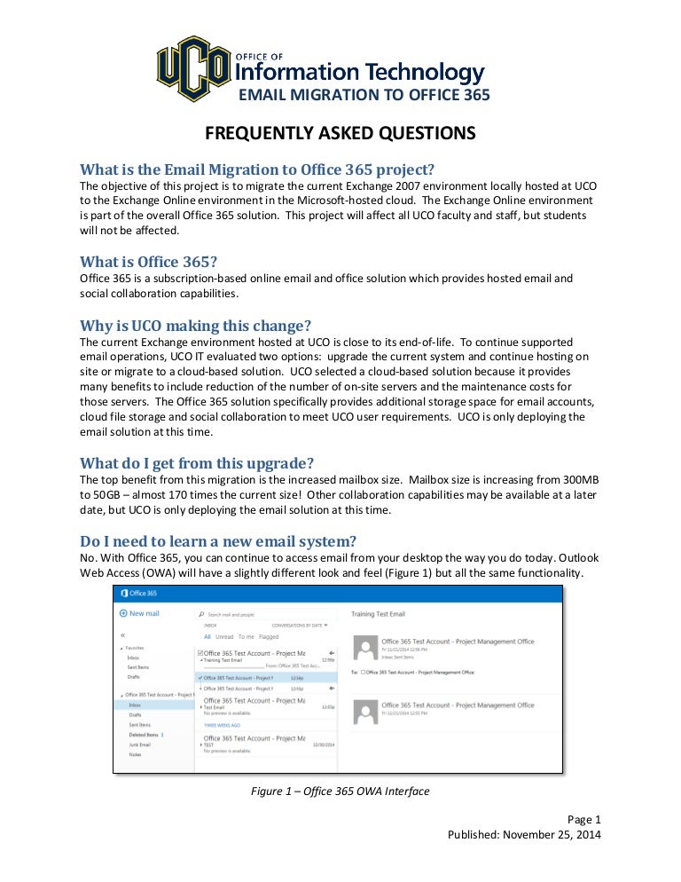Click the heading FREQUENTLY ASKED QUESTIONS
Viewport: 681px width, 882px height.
point(340,133)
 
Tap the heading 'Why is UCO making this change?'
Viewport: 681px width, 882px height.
point(195,324)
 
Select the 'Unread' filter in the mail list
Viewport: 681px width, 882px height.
point(225,636)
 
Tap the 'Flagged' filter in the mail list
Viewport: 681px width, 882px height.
point(269,636)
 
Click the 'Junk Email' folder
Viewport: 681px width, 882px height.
point(140,744)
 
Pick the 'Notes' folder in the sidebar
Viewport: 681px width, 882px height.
point(135,754)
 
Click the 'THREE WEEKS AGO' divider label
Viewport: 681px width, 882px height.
point(223,725)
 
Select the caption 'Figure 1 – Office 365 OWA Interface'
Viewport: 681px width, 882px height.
point(340,791)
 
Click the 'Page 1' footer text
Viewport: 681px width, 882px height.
point(583,819)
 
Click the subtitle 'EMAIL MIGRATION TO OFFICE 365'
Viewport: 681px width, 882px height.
point(365,95)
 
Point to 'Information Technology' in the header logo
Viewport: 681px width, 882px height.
point(359,73)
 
